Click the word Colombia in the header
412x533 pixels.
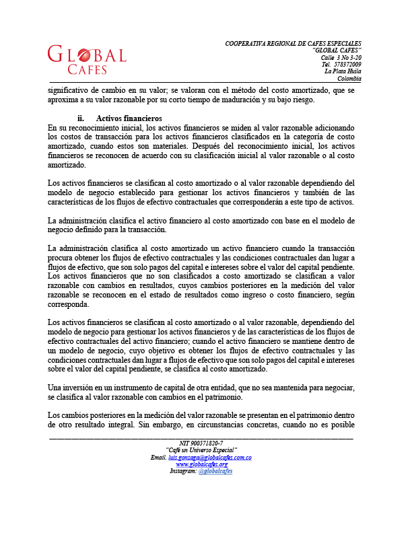coord(349,79)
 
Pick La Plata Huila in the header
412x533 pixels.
coord(343,71)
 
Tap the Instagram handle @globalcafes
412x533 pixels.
coord(215,472)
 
